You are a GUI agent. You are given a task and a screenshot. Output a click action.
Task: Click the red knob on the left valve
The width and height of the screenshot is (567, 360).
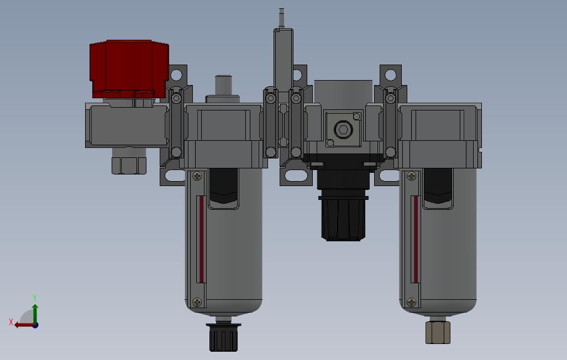coord(129,68)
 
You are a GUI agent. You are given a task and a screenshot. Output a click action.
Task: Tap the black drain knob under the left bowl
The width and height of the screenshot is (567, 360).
coord(223,337)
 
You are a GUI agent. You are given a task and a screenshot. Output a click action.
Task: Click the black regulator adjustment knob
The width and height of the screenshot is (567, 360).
coord(343,219)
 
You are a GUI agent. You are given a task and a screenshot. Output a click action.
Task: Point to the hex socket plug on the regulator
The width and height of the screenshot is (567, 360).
coord(343,129)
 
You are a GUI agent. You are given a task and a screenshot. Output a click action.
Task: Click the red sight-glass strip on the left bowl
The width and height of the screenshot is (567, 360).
coord(201,239)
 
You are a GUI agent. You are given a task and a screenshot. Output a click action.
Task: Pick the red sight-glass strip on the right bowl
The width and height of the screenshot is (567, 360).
coord(416,239)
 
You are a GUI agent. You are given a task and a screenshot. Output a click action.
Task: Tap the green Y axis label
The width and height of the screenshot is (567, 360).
coord(35,298)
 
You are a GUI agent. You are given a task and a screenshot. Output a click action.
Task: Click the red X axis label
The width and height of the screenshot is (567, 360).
coord(11,322)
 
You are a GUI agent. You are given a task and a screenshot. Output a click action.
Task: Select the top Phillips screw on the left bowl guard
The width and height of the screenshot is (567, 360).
coord(197,176)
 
